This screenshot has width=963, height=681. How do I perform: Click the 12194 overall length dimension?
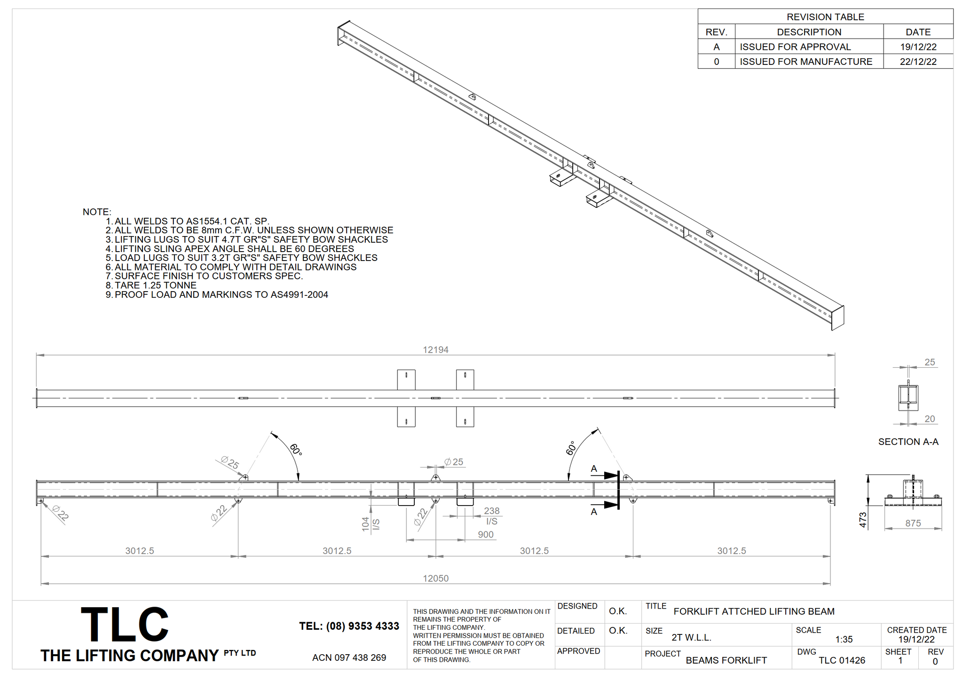tap(435, 350)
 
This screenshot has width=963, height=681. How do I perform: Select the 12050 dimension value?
tap(435, 578)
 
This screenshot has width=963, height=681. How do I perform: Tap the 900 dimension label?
tap(486, 535)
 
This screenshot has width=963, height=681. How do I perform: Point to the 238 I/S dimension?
tap(492, 516)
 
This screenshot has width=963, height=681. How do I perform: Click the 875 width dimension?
tap(913, 523)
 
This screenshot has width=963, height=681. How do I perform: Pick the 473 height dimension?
tap(863, 521)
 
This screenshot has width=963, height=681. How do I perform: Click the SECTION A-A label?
tap(908, 442)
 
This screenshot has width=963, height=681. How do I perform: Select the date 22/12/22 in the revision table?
tap(918, 62)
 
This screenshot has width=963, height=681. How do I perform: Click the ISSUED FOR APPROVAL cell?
tap(796, 47)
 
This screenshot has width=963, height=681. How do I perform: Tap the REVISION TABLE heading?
tap(826, 17)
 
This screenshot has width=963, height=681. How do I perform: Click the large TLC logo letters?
tap(125, 624)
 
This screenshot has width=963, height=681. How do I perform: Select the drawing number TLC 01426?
tap(842, 660)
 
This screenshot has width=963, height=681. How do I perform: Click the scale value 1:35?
tap(844, 640)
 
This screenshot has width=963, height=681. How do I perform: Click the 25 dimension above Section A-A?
tap(930, 362)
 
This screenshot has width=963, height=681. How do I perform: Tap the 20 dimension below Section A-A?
tap(930, 419)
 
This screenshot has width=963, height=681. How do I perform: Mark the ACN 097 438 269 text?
tap(349, 657)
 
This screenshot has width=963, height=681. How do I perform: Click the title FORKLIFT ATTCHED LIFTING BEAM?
tap(754, 611)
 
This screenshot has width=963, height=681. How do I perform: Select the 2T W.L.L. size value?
tap(691, 638)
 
